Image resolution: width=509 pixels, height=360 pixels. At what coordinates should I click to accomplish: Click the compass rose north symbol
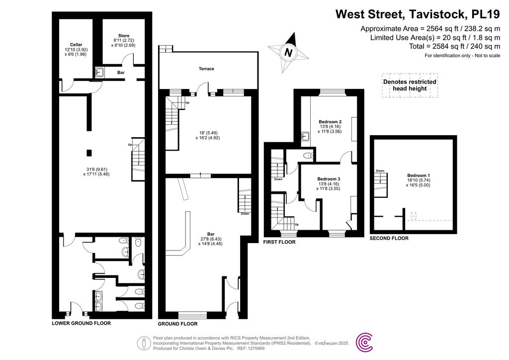pyautogui.click(x=288, y=51)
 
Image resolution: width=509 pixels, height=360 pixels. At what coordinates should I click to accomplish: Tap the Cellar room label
pyautogui.click(x=76, y=45)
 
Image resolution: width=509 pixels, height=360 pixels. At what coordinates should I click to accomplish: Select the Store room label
pyautogui.click(x=124, y=35)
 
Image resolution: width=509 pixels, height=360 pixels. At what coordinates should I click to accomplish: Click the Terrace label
pyautogui.click(x=207, y=69)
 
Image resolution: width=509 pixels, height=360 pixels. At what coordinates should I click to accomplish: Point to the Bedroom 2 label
pyautogui.click(x=330, y=122)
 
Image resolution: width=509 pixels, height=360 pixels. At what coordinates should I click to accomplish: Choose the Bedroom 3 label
pyautogui.click(x=329, y=179)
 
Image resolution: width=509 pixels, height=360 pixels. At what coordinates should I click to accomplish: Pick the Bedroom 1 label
pyautogui.click(x=419, y=176)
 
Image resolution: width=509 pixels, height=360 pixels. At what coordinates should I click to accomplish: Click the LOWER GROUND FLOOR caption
pyautogui.click(x=81, y=323)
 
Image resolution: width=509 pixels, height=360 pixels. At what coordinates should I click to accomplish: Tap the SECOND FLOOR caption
pyautogui.click(x=389, y=239)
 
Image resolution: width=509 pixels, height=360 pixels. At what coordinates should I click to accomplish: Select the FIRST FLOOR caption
pyautogui.click(x=279, y=242)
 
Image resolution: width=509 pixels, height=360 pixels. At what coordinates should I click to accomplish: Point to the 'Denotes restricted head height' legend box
pyautogui.click(x=410, y=85)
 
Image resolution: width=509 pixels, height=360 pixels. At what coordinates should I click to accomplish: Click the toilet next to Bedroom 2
pyautogui.click(x=308, y=156)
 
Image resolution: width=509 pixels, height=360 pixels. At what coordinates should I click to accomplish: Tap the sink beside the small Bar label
pyautogui.click(x=98, y=73)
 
